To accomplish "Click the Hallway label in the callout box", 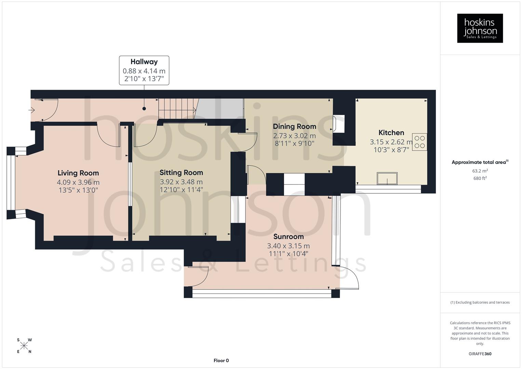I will [x=144, y=62].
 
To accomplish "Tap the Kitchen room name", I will [x=391, y=133].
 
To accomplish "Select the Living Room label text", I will [x=78, y=173].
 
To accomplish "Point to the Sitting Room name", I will [x=181, y=173].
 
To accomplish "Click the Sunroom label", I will [x=288, y=236].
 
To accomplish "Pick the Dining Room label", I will [x=294, y=126].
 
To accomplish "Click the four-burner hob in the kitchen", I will [x=419, y=142].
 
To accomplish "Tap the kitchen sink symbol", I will [x=387, y=178].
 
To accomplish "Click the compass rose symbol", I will [x=24, y=346].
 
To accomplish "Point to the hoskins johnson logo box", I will [x=480, y=28].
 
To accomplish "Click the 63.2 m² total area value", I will [x=480, y=171].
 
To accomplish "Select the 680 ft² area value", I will [x=480, y=178].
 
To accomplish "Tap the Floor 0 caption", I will [x=221, y=360].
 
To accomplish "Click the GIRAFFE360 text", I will [x=480, y=354].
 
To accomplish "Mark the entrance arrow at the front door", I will [x=32, y=110].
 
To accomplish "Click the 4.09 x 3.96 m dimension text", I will [x=78, y=182].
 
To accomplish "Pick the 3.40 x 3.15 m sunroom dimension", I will [x=288, y=246].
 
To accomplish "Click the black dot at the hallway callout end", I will [x=144, y=109].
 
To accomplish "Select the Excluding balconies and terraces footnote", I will [x=480, y=302].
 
